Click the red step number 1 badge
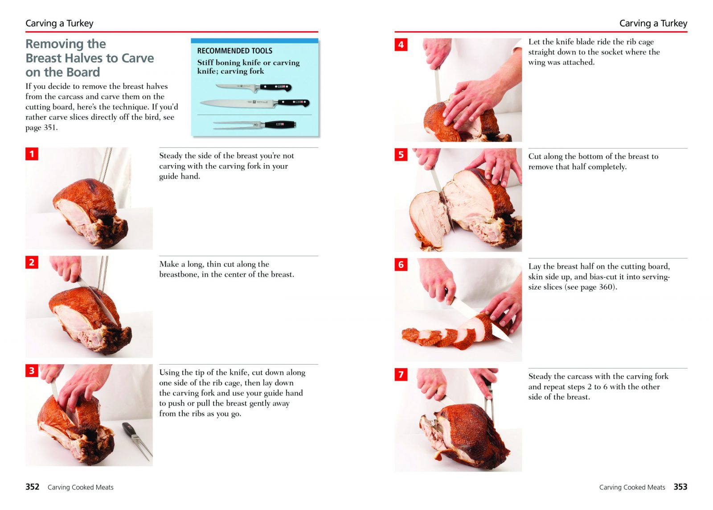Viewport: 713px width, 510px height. (32, 153)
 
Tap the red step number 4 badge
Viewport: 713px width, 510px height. (401, 45)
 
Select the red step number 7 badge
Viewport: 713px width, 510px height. (401, 374)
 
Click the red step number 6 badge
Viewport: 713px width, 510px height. (401, 264)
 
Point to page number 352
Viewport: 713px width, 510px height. (33, 487)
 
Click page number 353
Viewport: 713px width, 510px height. (680, 487)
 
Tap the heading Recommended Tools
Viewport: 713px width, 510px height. (234, 51)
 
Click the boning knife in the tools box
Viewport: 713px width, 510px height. (254, 87)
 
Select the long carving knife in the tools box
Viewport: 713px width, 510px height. (254, 103)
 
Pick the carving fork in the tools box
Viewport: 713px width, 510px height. (254, 124)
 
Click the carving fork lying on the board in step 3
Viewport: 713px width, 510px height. (137, 441)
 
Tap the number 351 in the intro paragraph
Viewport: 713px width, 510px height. (49, 128)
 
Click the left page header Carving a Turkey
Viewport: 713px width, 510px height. (59, 23)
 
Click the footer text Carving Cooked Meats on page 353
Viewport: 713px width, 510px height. (632, 487)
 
